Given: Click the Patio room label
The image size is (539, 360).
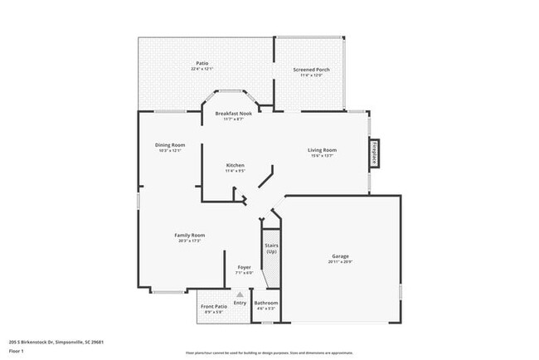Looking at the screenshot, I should (202, 63).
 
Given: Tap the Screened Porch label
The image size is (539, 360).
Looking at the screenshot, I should (312, 70).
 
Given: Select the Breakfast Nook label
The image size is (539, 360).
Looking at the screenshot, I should (233, 113).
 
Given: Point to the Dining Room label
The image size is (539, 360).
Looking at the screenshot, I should (168, 145).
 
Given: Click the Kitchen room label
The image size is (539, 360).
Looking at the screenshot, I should (235, 165).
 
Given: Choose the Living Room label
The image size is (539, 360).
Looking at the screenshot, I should (322, 150).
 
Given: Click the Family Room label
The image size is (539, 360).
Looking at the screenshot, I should (189, 235).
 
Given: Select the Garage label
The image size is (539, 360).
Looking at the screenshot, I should (341, 256).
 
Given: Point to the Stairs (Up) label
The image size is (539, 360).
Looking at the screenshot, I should (271, 249).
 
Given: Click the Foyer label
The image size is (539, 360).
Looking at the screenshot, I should (244, 267).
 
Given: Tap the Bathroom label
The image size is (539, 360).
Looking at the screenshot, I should (266, 303).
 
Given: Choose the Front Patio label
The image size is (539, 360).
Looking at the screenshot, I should (214, 306).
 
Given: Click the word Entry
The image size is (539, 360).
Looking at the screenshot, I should (240, 303).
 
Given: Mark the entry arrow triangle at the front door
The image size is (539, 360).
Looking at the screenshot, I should (240, 294).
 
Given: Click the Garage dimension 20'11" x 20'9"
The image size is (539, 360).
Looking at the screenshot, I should (341, 262).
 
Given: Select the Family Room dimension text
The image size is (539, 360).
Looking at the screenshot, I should (189, 241).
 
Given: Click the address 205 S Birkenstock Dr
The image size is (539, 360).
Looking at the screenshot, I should (51, 341).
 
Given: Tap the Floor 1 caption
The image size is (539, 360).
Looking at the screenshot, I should (17, 350).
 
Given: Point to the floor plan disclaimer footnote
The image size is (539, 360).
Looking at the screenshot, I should (269, 353).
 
